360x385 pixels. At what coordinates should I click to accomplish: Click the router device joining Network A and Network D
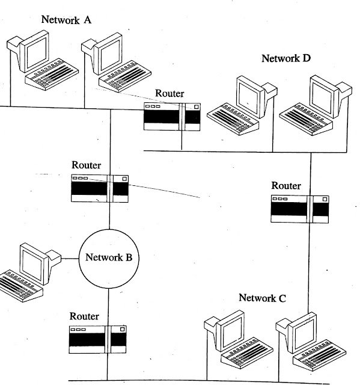pos(172,117)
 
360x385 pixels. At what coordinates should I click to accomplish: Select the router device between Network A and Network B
pos(100,188)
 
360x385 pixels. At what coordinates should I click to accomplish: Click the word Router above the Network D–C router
pos(286,185)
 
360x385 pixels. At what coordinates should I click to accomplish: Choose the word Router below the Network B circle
pos(85,316)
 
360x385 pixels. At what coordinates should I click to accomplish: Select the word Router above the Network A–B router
pos(87,165)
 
